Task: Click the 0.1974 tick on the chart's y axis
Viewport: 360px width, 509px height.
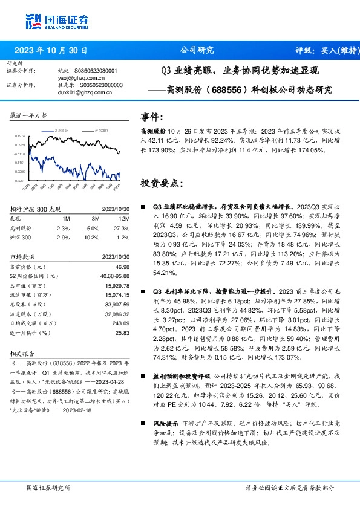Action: pos(20,137)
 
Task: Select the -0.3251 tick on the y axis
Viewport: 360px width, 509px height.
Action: pos(20,180)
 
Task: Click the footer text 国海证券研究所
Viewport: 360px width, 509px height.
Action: pos(49,487)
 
